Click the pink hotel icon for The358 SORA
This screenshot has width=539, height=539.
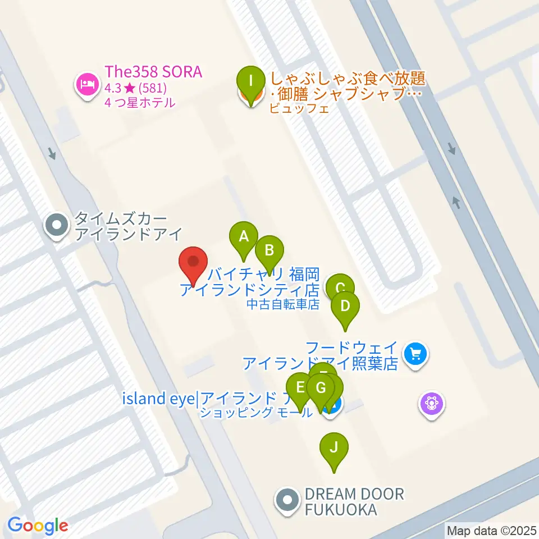pyautogui.click(x=86, y=84)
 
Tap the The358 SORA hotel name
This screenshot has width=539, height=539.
pyautogui.click(x=153, y=73)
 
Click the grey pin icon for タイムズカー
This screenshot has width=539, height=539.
pyautogui.click(x=57, y=226)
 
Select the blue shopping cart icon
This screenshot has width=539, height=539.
pyautogui.click(x=415, y=354)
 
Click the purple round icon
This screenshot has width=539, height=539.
pyautogui.click(x=432, y=403)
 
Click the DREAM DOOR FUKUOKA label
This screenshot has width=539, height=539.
pyautogui.click(x=354, y=502)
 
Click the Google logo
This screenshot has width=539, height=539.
pyautogui.click(x=38, y=526)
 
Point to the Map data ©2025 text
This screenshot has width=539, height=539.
pyautogui.click(x=492, y=530)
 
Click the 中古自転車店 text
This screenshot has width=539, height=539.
pyautogui.click(x=283, y=304)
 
